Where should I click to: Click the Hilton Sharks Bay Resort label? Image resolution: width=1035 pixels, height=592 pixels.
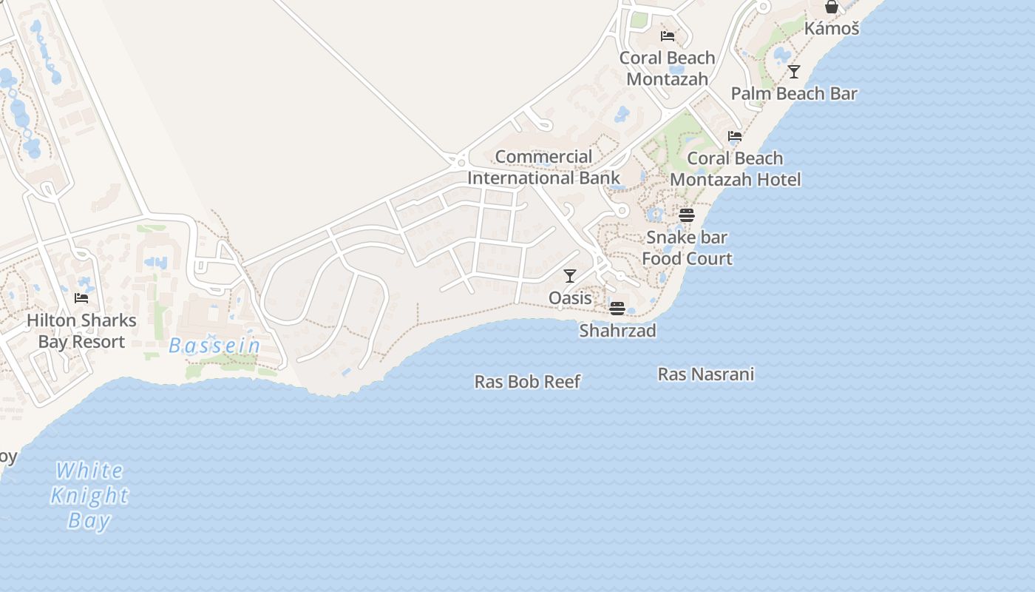81,331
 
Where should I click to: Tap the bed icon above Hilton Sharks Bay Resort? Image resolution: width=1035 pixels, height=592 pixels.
81,298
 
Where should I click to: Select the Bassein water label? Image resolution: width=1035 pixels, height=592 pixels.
214,346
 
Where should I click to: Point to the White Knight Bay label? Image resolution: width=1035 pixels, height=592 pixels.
89,495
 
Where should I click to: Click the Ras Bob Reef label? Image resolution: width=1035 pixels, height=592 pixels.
527,382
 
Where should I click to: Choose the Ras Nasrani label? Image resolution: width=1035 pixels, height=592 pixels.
706,374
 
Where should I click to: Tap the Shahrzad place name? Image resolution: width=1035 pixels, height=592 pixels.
617,331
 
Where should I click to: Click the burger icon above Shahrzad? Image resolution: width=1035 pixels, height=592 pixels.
617,308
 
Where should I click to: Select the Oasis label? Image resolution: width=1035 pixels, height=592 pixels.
570,298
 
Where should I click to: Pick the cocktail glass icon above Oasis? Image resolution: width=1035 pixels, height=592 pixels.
570,276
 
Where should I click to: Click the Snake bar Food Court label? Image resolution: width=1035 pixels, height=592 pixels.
687,248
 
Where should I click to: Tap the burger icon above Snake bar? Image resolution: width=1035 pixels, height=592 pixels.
687,215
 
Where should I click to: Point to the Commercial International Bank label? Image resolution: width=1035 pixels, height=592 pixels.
544,167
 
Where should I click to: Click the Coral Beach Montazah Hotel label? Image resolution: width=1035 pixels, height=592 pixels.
735,169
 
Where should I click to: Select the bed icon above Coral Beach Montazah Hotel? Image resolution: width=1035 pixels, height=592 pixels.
735,136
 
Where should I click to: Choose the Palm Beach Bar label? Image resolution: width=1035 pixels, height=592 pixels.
794,94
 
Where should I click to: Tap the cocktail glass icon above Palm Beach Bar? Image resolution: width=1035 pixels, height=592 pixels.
794,72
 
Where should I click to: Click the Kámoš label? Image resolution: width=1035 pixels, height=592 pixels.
832,29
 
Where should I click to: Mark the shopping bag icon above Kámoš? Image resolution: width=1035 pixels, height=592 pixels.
832,7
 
